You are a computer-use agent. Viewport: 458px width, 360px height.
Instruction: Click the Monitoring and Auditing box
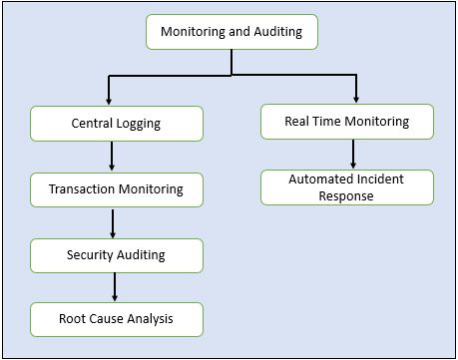(x=231, y=32)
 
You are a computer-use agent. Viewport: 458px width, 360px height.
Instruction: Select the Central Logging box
(x=117, y=125)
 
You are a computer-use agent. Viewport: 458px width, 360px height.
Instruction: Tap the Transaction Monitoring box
(x=117, y=188)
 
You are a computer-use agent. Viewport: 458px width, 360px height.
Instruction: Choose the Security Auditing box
(x=117, y=254)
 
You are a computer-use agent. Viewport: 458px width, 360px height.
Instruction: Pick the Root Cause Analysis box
(x=117, y=319)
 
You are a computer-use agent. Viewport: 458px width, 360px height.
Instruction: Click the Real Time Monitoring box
(x=347, y=122)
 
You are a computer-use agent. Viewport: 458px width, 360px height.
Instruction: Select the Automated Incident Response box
(x=347, y=187)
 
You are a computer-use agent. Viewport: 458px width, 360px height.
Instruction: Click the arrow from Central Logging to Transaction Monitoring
(x=112, y=156)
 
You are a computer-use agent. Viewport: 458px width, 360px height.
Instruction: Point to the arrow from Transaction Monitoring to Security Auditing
(x=115, y=221)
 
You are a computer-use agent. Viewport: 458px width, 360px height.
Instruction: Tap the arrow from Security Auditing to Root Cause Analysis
(x=115, y=286)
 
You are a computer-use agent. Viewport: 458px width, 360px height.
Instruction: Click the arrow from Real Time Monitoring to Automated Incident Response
(x=353, y=154)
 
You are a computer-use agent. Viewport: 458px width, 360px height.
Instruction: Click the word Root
(x=75, y=319)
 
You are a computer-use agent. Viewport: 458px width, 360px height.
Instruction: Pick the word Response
(x=347, y=195)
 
